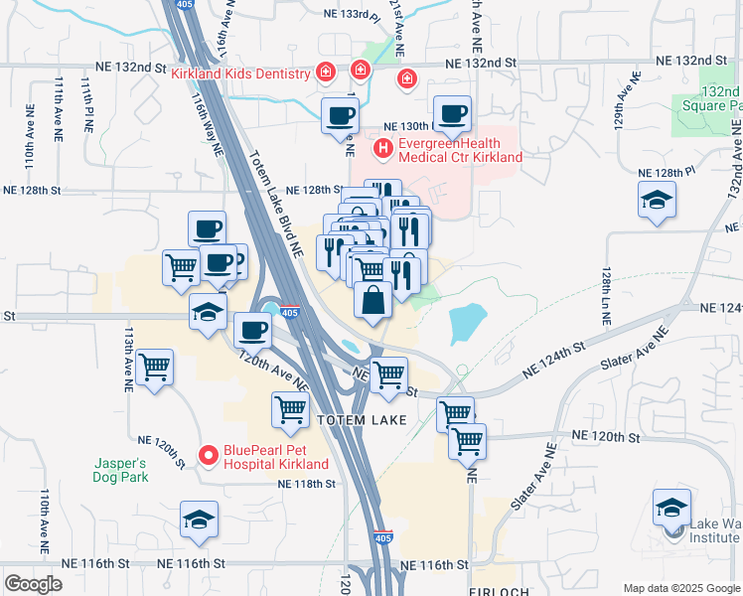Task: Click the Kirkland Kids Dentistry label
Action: coord(241,73)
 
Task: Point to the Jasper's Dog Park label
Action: coord(121,470)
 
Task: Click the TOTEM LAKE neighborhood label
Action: coord(362,421)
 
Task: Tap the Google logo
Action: coord(34,584)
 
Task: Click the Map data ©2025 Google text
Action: coord(680,588)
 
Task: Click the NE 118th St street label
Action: coord(308,484)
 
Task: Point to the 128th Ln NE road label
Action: coord(604,295)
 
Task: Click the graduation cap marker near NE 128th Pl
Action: coord(656,202)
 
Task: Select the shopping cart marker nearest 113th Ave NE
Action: coord(155,368)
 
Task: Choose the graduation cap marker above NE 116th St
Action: coord(199,520)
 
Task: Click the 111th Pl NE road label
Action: coord(87,108)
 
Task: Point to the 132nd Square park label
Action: coord(712,97)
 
